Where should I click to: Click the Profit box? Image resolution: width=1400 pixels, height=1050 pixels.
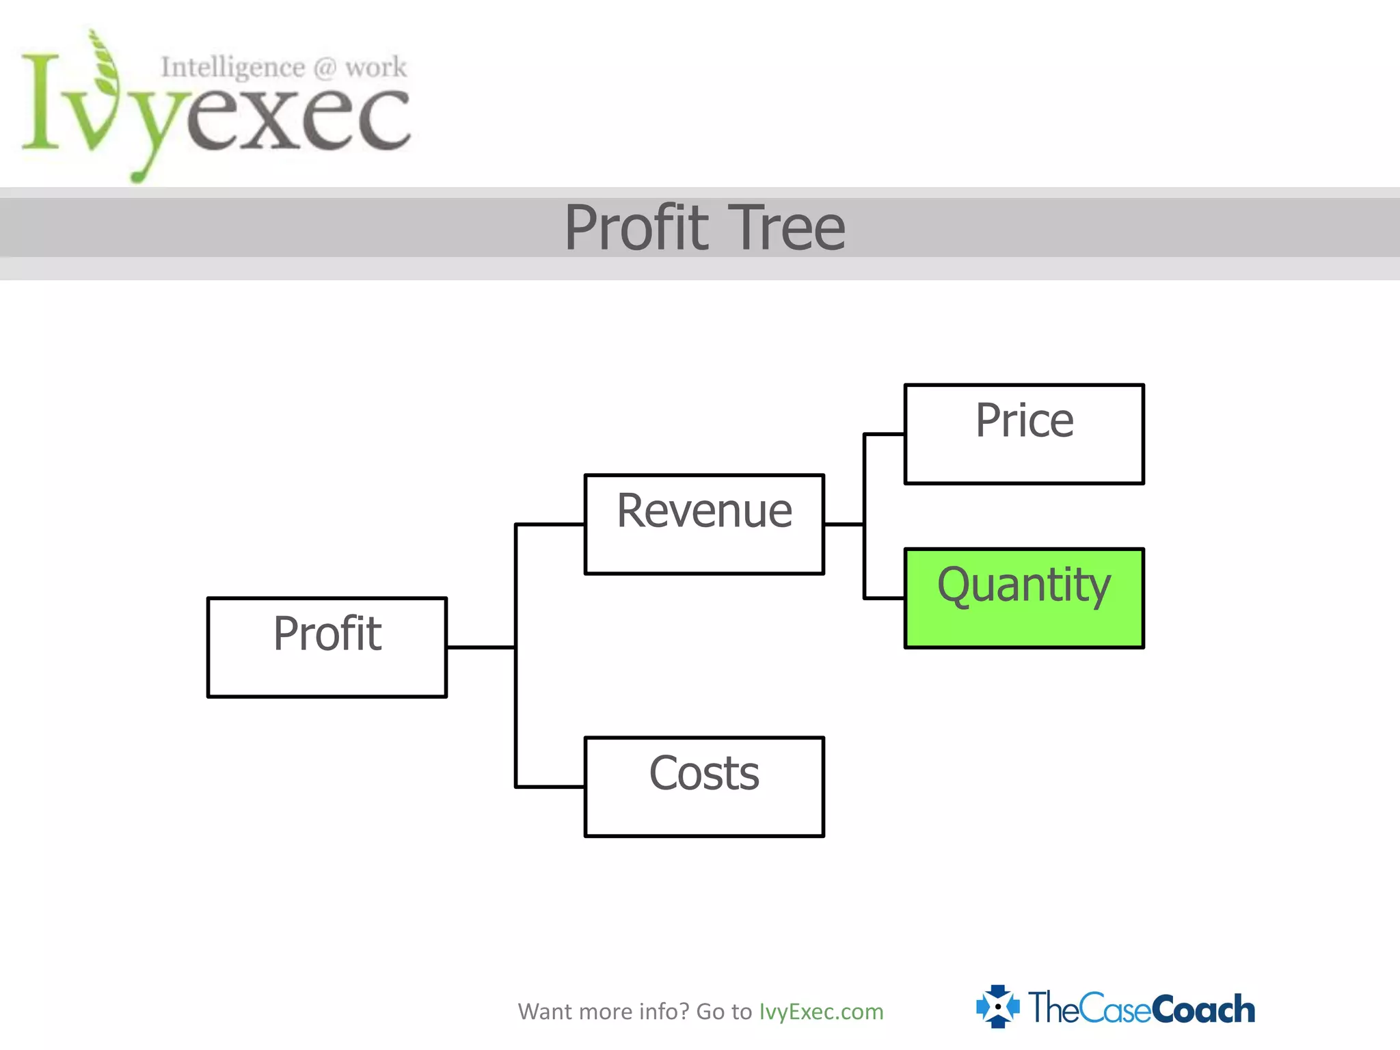(x=327, y=647)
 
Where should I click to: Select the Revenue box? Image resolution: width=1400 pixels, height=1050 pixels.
(x=704, y=524)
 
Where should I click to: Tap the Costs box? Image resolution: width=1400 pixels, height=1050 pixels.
(x=704, y=786)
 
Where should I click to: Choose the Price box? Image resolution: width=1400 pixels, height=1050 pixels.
(x=1023, y=434)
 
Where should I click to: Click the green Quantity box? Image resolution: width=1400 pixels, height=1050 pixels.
(x=1023, y=598)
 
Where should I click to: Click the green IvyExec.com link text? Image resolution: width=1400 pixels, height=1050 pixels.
(x=821, y=1011)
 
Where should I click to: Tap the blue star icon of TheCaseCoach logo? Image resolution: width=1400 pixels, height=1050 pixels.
(x=997, y=1006)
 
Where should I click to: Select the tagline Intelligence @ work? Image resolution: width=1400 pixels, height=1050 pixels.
(x=283, y=68)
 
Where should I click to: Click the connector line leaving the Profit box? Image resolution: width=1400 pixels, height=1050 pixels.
(x=480, y=647)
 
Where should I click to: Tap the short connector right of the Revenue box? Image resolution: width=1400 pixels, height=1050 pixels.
(x=844, y=524)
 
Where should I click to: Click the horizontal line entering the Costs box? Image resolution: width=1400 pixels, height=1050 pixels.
(x=550, y=787)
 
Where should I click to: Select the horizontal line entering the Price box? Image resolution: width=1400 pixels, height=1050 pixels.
(x=885, y=434)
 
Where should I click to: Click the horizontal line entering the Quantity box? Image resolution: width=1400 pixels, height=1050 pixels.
(x=885, y=598)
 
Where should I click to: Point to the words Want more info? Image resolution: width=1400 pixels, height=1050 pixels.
(x=604, y=1011)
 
